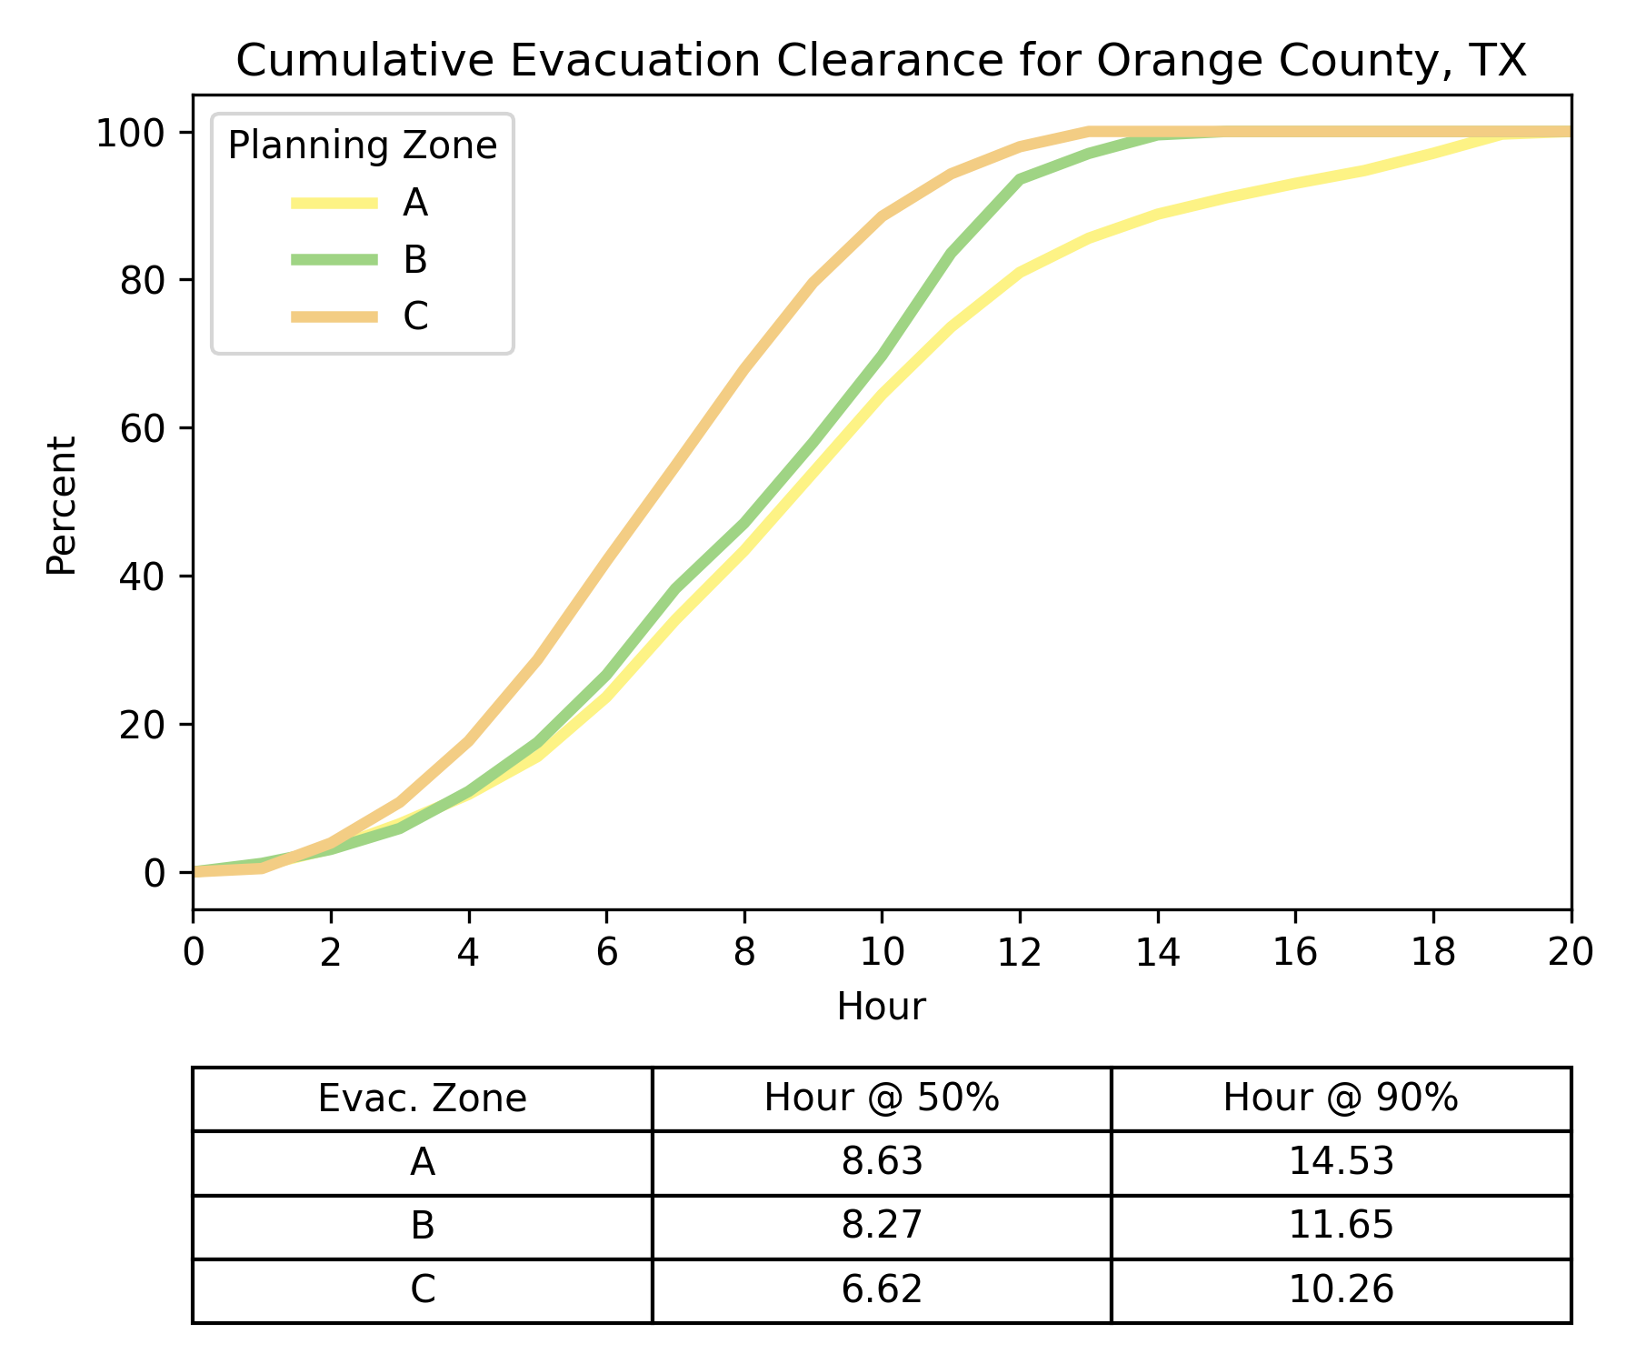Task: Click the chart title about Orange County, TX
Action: pos(881,61)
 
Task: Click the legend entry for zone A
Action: pos(360,203)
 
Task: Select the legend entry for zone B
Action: pos(360,260)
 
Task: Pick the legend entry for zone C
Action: pos(360,316)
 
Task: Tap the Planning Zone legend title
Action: pos(363,145)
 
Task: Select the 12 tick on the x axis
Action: pos(1020,952)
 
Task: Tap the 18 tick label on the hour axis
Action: pos(1433,952)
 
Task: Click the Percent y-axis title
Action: pos(62,506)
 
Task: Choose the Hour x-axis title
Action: pos(882,1007)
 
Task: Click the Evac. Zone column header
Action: pos(423,1098)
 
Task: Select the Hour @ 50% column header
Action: pos(882,1098)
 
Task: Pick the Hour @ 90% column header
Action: pos(1342,1098)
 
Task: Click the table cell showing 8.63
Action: pos(882,1162)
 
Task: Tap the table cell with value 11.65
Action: pos(1342,1226)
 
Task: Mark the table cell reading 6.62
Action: pos(882,1289)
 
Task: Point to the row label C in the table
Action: pos(423,1289)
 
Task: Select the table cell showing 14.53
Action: pos(1342,1162)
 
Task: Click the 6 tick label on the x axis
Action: pos(606,952)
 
